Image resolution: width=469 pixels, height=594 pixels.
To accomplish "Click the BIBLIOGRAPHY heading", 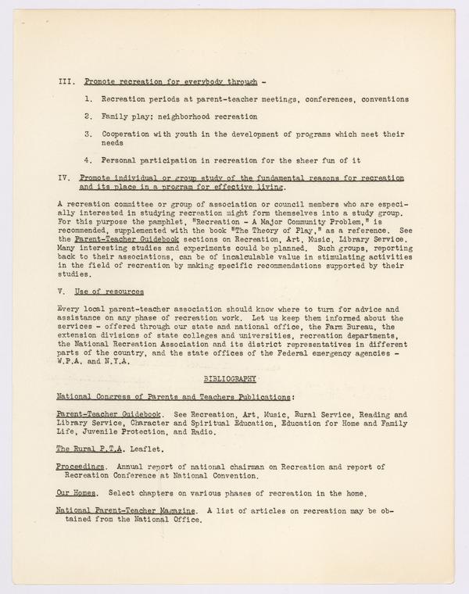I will (230, 378).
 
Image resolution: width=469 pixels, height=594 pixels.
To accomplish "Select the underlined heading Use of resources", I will (113, 292).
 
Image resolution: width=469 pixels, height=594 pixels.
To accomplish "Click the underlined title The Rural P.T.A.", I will (87, 449).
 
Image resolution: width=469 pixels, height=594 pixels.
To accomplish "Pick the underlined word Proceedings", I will (81, 466).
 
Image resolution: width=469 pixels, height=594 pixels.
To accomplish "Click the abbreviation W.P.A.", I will (72, 361).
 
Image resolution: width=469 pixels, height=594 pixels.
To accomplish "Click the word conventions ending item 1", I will (378, 99).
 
